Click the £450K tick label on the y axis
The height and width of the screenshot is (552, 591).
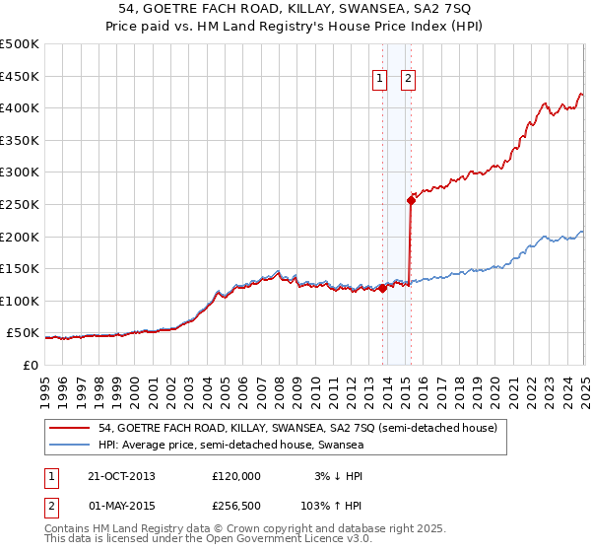point(20,76)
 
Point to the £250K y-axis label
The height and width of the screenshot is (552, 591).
point(20,204)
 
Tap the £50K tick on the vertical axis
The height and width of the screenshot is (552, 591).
point(24,333)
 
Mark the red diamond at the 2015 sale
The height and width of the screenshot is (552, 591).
point(411,200)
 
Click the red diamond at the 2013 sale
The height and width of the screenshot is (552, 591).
point(382,288)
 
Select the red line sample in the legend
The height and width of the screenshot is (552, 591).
point(71,428)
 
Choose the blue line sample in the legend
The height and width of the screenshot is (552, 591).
point(71,445)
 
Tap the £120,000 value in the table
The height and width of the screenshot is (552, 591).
point(236,475)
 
